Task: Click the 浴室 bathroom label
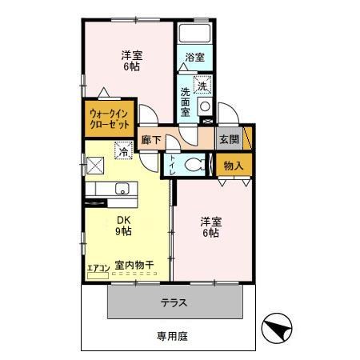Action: (x=194, y=58)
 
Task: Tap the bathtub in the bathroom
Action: (x=194, y=34)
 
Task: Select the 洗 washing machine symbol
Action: (x=202, y=85)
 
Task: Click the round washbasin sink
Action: (x=204, y=107)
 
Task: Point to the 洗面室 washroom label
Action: (x=186, y=102)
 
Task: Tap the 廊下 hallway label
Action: (x=150, y=139)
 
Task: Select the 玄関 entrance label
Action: (x=228, y=139)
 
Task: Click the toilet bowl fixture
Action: (x=192, y=165)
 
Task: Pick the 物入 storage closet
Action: (x=234, y=165)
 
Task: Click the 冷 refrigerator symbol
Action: (x=123, y=149)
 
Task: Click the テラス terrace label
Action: (x=174, y=303)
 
